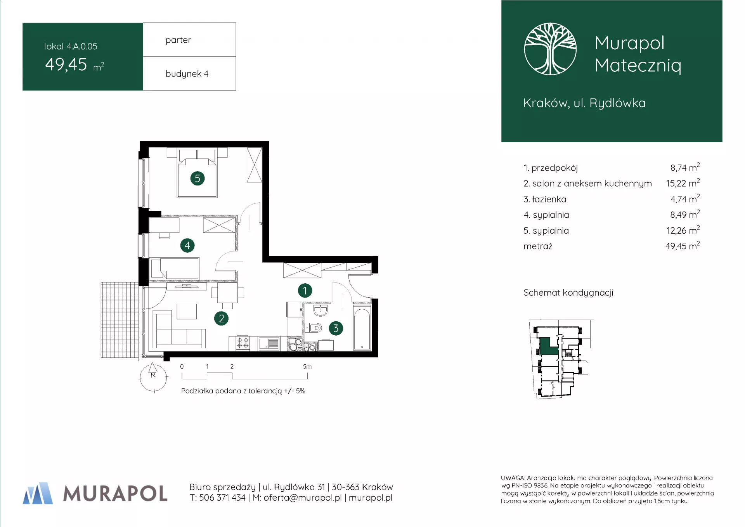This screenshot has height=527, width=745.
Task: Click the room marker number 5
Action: [x=198, y=179]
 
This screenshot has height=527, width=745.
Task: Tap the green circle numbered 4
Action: [x=187, y=245]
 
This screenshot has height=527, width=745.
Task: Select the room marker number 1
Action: [x=305, y=290]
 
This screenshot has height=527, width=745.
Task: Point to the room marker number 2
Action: [x=222, y=319]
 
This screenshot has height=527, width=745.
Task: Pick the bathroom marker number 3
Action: [x=336, y=328]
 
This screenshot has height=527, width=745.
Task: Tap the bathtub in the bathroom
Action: [x=362, y=329]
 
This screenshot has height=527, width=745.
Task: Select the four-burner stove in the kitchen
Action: [x=243, y=343]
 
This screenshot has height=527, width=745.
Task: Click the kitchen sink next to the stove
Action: [x=269, y=344]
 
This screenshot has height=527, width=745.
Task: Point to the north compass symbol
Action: [x=153, y=377]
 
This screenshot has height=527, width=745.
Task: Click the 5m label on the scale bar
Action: [x=307, y=366]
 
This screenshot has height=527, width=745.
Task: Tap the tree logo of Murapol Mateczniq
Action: [x=550, y=49]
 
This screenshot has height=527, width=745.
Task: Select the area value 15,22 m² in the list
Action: [x=683, y=183]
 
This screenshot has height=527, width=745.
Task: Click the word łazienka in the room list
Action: [x=549, y=199]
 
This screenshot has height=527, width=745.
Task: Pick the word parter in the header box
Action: [x=178, y=40]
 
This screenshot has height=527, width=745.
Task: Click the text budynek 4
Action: [x=187, y=74]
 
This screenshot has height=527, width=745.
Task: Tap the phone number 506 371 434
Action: [x=222, y=498]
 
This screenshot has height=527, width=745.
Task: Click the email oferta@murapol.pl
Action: [x=303, y=498]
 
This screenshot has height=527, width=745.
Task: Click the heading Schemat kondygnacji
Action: [x=568, y=293]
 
